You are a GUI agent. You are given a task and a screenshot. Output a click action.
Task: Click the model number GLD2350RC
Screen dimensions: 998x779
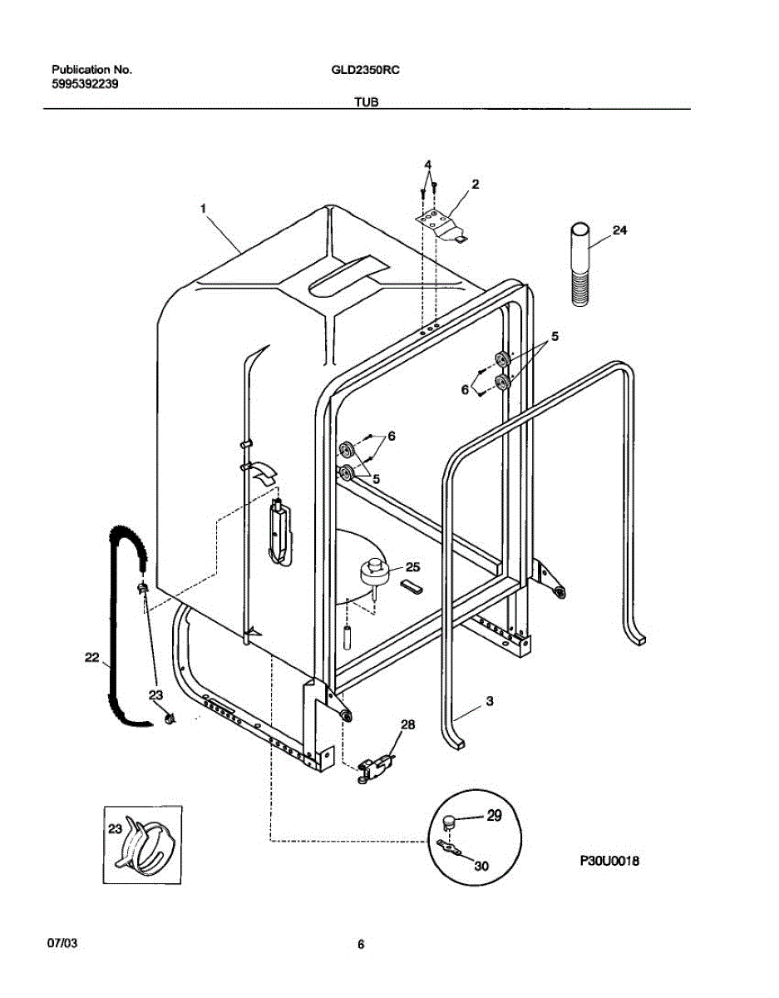pyautogui.click(x=365, y=71)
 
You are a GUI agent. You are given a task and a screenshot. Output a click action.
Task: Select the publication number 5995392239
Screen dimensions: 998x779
pyautogui.click(x=83, y=84)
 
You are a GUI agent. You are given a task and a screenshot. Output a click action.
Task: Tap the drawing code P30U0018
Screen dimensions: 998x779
pyautogui.click(x=609, y=862)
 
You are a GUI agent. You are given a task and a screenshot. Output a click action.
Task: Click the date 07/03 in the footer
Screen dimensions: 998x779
pyautogui.click(x=63, y=945)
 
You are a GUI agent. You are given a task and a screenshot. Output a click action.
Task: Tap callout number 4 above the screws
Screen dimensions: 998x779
pyautogui.click(x=427, y=164)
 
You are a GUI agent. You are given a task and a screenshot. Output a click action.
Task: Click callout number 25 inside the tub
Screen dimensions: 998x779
pyautogui.click(x=412, y=567)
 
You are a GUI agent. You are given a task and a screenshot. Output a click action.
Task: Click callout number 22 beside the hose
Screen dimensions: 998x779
pyautogui.click(x=92, y=657)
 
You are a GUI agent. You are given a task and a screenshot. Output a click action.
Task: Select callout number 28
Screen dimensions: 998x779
pyautogui.click(x=407, y=725)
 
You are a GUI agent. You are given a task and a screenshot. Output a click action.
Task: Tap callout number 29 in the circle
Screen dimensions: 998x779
pyautogui.click(x=494, y=816)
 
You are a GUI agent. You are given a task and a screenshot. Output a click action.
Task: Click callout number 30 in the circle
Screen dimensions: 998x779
pyautogui.click(x=481, y=866)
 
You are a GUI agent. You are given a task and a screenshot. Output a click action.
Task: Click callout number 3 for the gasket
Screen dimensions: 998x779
pyautogui.click(x=490, y=702)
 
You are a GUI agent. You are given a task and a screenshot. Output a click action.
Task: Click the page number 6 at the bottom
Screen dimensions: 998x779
pyautogui.click(x=361, y=945)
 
